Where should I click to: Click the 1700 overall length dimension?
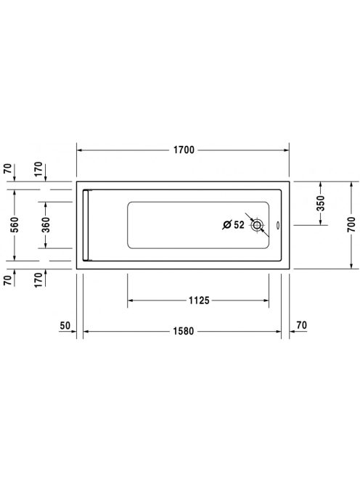tap(184, 151)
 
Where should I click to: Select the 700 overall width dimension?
tap(352, 224)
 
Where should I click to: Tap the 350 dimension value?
tap(320, 205)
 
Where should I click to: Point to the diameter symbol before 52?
tap(226, 224)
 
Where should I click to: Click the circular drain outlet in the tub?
tap(257, 226)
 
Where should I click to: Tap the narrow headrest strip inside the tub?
tap(86, 224)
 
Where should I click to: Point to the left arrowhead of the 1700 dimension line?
tap(80, 151)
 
